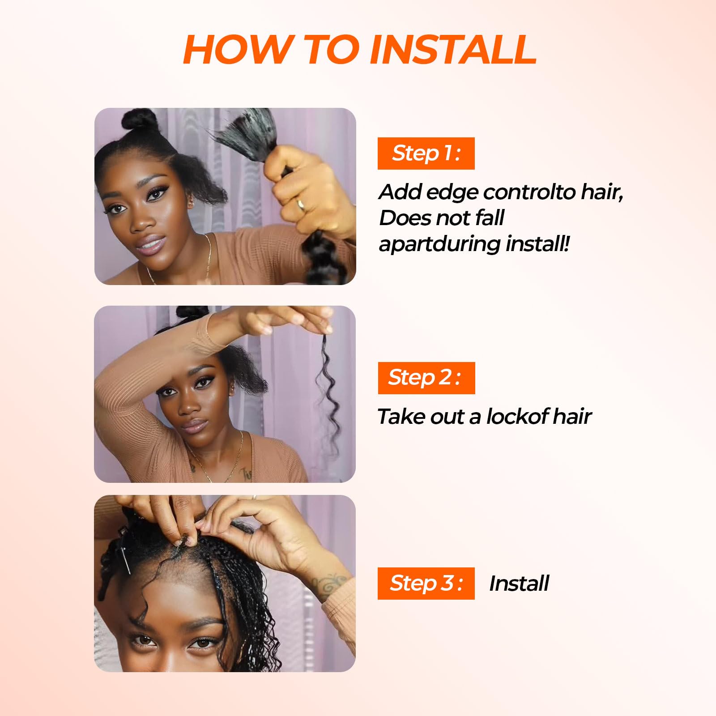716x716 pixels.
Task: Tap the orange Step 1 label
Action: [x=426, y=153]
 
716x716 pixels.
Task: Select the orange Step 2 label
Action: [x=426, y=378]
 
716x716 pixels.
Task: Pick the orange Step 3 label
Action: [x=426, y=584]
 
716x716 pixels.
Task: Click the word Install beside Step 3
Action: [x=519, y=584]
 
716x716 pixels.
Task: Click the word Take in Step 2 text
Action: [x=397, y=417]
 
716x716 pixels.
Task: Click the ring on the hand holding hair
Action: [x=301, y=205]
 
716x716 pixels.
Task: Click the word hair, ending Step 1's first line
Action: [x=602, y=192]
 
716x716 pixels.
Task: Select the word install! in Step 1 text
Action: [x=538, y=244]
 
